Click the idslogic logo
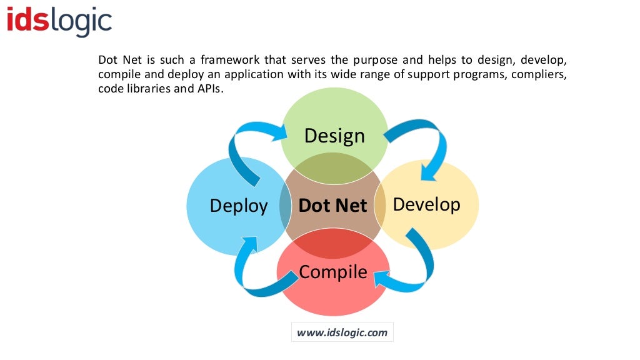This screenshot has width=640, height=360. pos(59,21)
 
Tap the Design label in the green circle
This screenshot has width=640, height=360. pos(334,136)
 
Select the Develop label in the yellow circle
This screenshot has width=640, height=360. pos(426,204)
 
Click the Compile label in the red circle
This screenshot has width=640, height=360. pos(332,272)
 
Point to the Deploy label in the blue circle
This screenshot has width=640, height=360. pos(239,206)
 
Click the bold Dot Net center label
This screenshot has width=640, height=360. pos(332,206)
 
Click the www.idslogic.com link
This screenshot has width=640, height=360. pos(342,332)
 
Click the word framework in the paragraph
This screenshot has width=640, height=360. pos(231,61)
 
